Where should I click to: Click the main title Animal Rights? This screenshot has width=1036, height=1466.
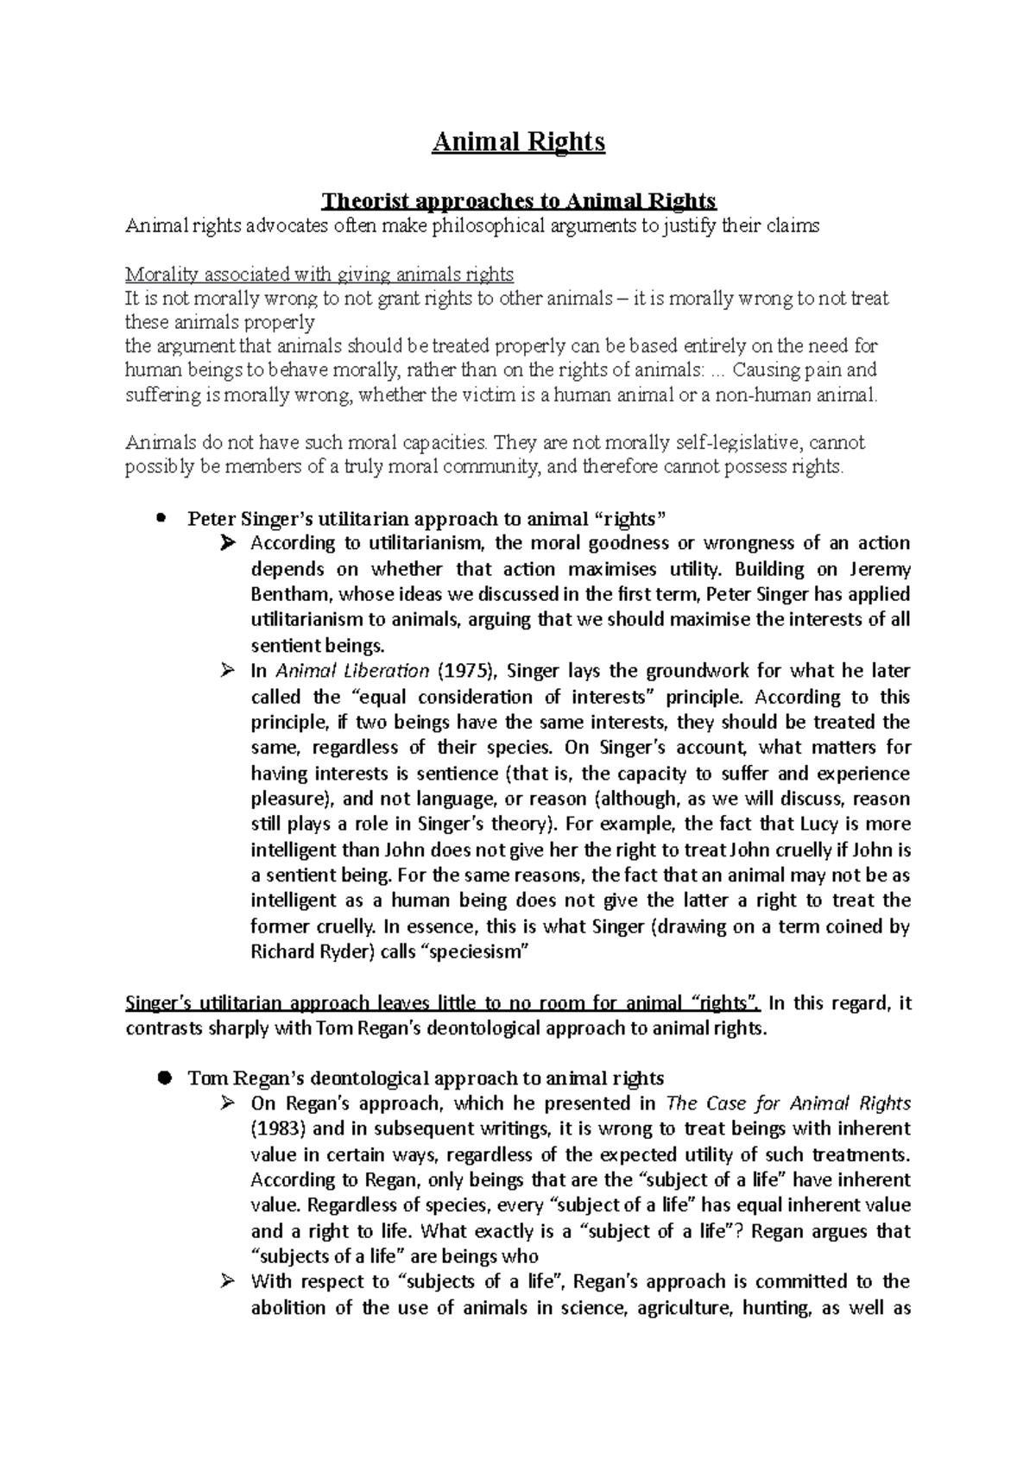point(518,142)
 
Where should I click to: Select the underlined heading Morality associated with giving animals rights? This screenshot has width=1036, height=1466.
point(319,275)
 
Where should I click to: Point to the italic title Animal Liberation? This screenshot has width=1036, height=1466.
point(351,671)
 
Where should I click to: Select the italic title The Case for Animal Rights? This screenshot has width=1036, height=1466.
point(789,1103)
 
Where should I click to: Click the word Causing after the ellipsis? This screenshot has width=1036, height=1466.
point(765,370)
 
